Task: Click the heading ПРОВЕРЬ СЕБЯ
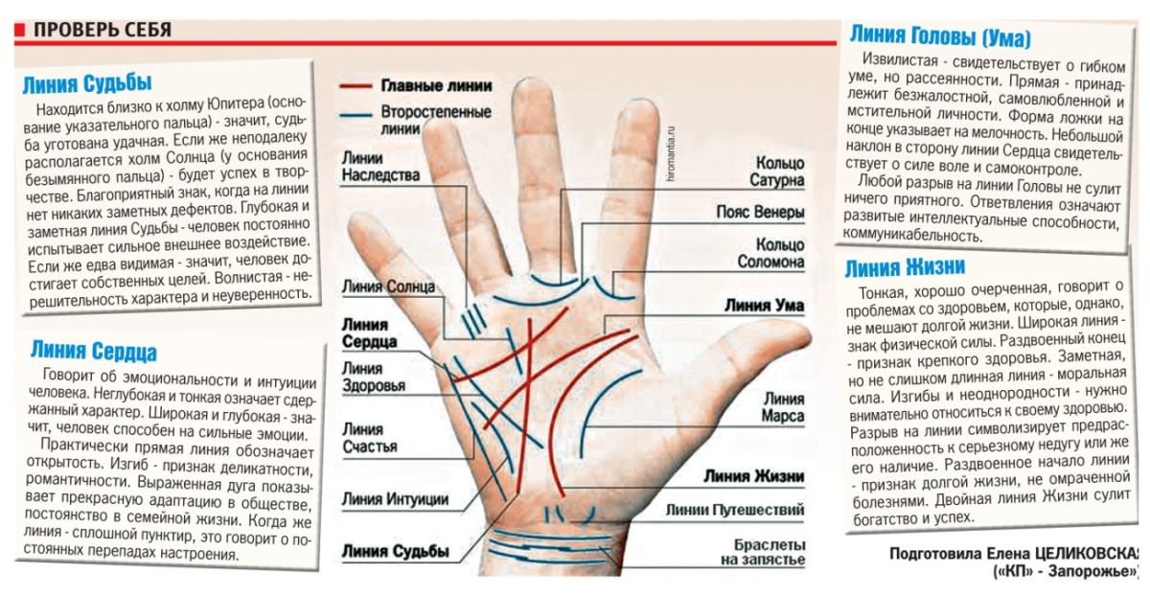coord(103,29)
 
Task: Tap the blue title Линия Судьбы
coord(87,82)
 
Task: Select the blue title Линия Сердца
coord(93,350)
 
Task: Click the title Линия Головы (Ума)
coord(939,37)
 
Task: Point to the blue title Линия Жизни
coord(906,265)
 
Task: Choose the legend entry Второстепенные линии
coord(424,119)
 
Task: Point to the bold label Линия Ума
coord(764,307)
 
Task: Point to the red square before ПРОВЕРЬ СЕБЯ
coord(20,30)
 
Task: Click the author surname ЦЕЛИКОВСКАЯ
coord(1082,555)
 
